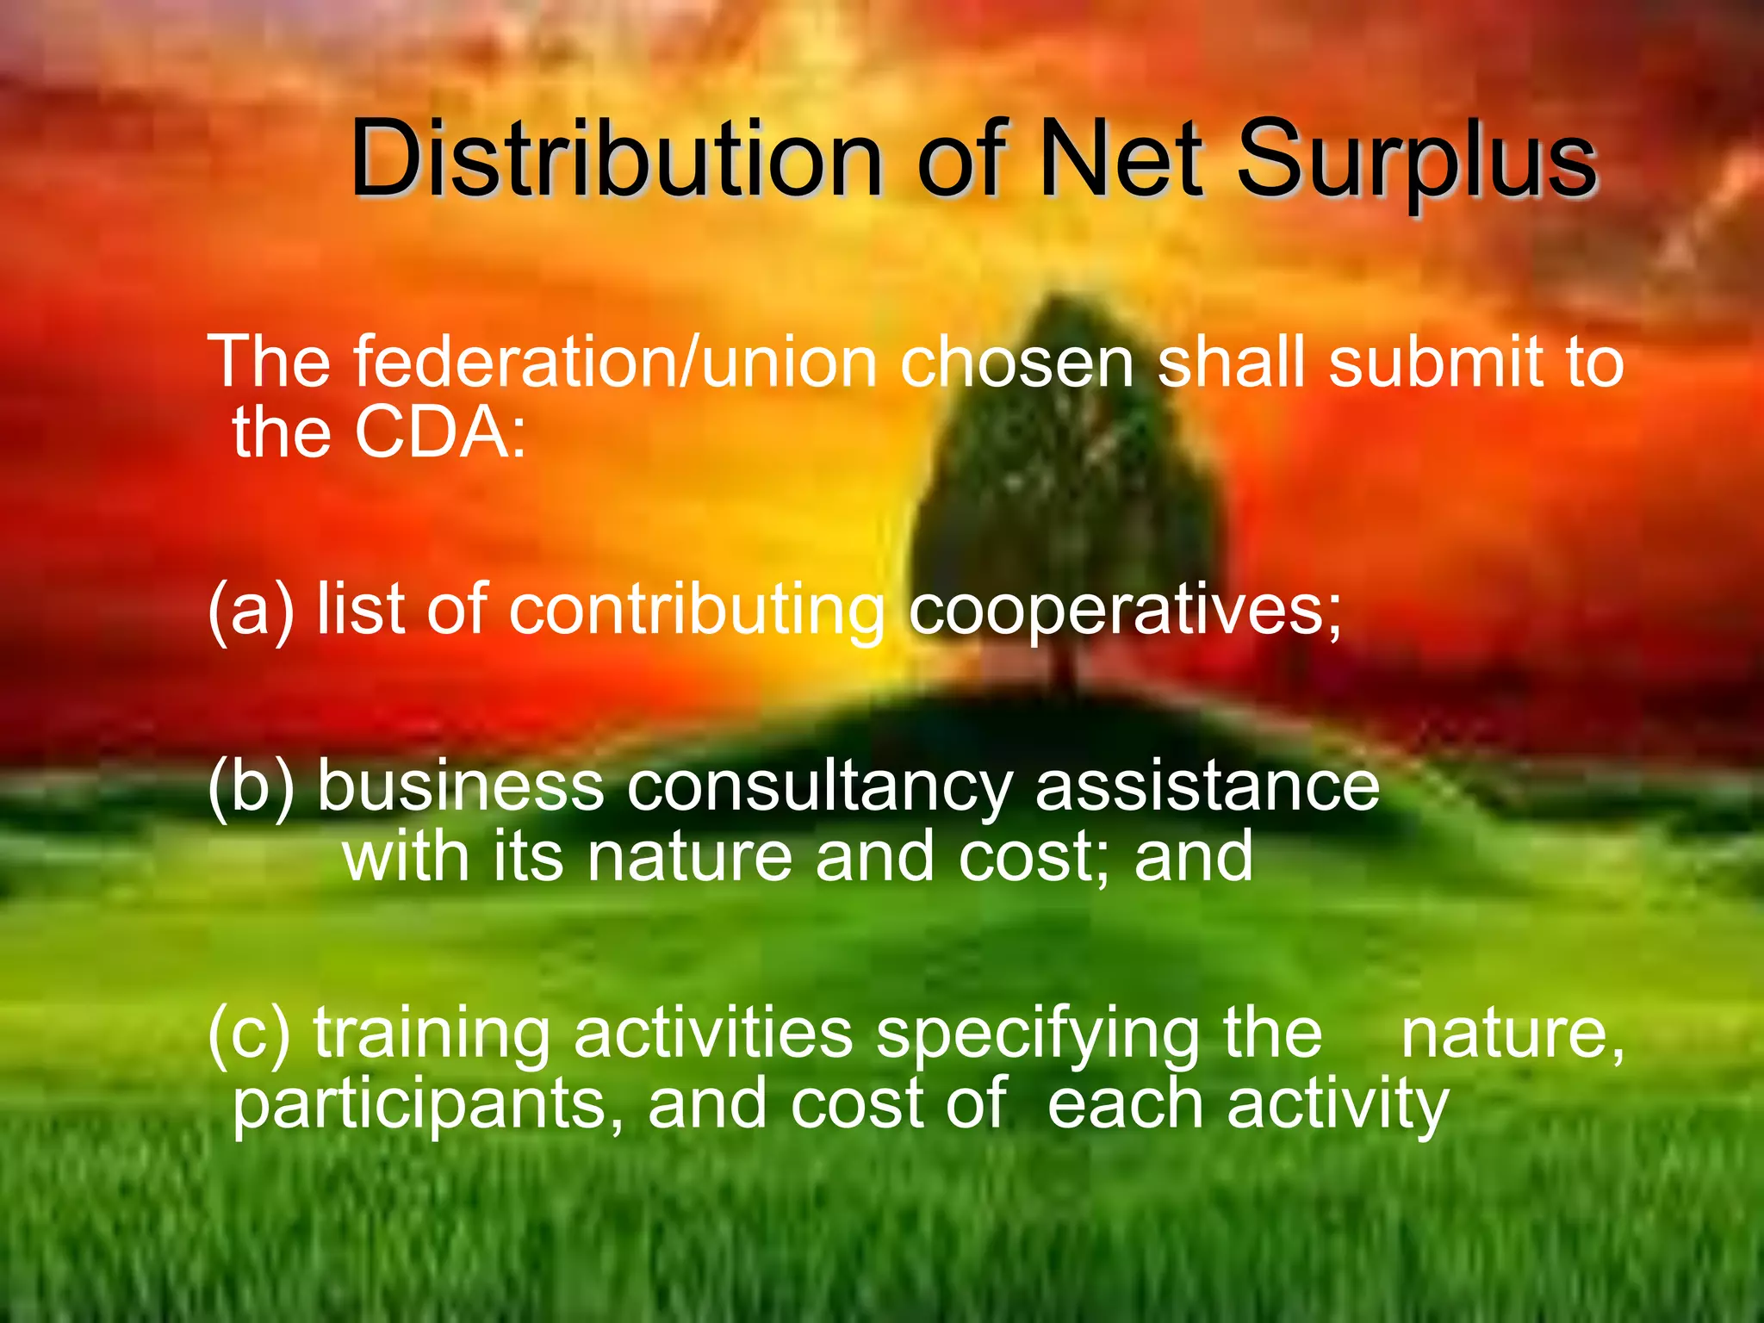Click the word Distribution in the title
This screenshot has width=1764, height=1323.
click(615, 160)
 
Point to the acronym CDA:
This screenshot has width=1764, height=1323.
click(439, 432)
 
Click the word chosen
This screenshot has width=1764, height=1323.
click(1016, 363)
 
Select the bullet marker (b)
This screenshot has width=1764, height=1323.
click(251, 786)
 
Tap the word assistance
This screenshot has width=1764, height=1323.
click(1207, 786)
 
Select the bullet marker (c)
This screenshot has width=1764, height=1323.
click(249, 1033)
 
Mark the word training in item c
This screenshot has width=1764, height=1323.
click(432, 1034)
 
